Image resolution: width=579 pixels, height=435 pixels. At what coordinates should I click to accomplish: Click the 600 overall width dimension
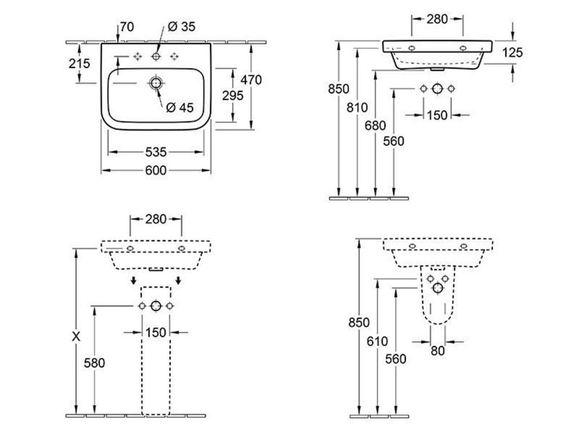point(155,170)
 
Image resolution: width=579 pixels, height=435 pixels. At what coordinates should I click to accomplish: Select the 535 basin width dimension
point(155,152)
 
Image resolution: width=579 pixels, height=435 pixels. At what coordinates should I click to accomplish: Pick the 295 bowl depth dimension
point(232,95)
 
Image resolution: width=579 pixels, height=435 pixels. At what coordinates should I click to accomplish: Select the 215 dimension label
point(80,63)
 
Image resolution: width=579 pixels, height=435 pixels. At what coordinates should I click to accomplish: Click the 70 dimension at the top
point(127,26)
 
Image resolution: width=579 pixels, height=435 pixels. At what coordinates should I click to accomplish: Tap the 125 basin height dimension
point(512,53)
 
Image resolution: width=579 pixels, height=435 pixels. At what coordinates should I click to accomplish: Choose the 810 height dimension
point(357,107)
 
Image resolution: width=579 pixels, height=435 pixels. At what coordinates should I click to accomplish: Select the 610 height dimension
point(377,341)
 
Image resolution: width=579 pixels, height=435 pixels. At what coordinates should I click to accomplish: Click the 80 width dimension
point(438,351)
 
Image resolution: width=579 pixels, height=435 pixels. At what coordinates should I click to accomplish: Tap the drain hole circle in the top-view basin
point(155,83)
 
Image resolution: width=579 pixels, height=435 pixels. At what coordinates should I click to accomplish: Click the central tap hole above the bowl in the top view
point(155,56)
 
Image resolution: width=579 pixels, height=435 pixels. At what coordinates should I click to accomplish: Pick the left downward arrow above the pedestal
point(134,280)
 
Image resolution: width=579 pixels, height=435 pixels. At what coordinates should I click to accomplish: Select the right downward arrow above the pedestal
point(178,280)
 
